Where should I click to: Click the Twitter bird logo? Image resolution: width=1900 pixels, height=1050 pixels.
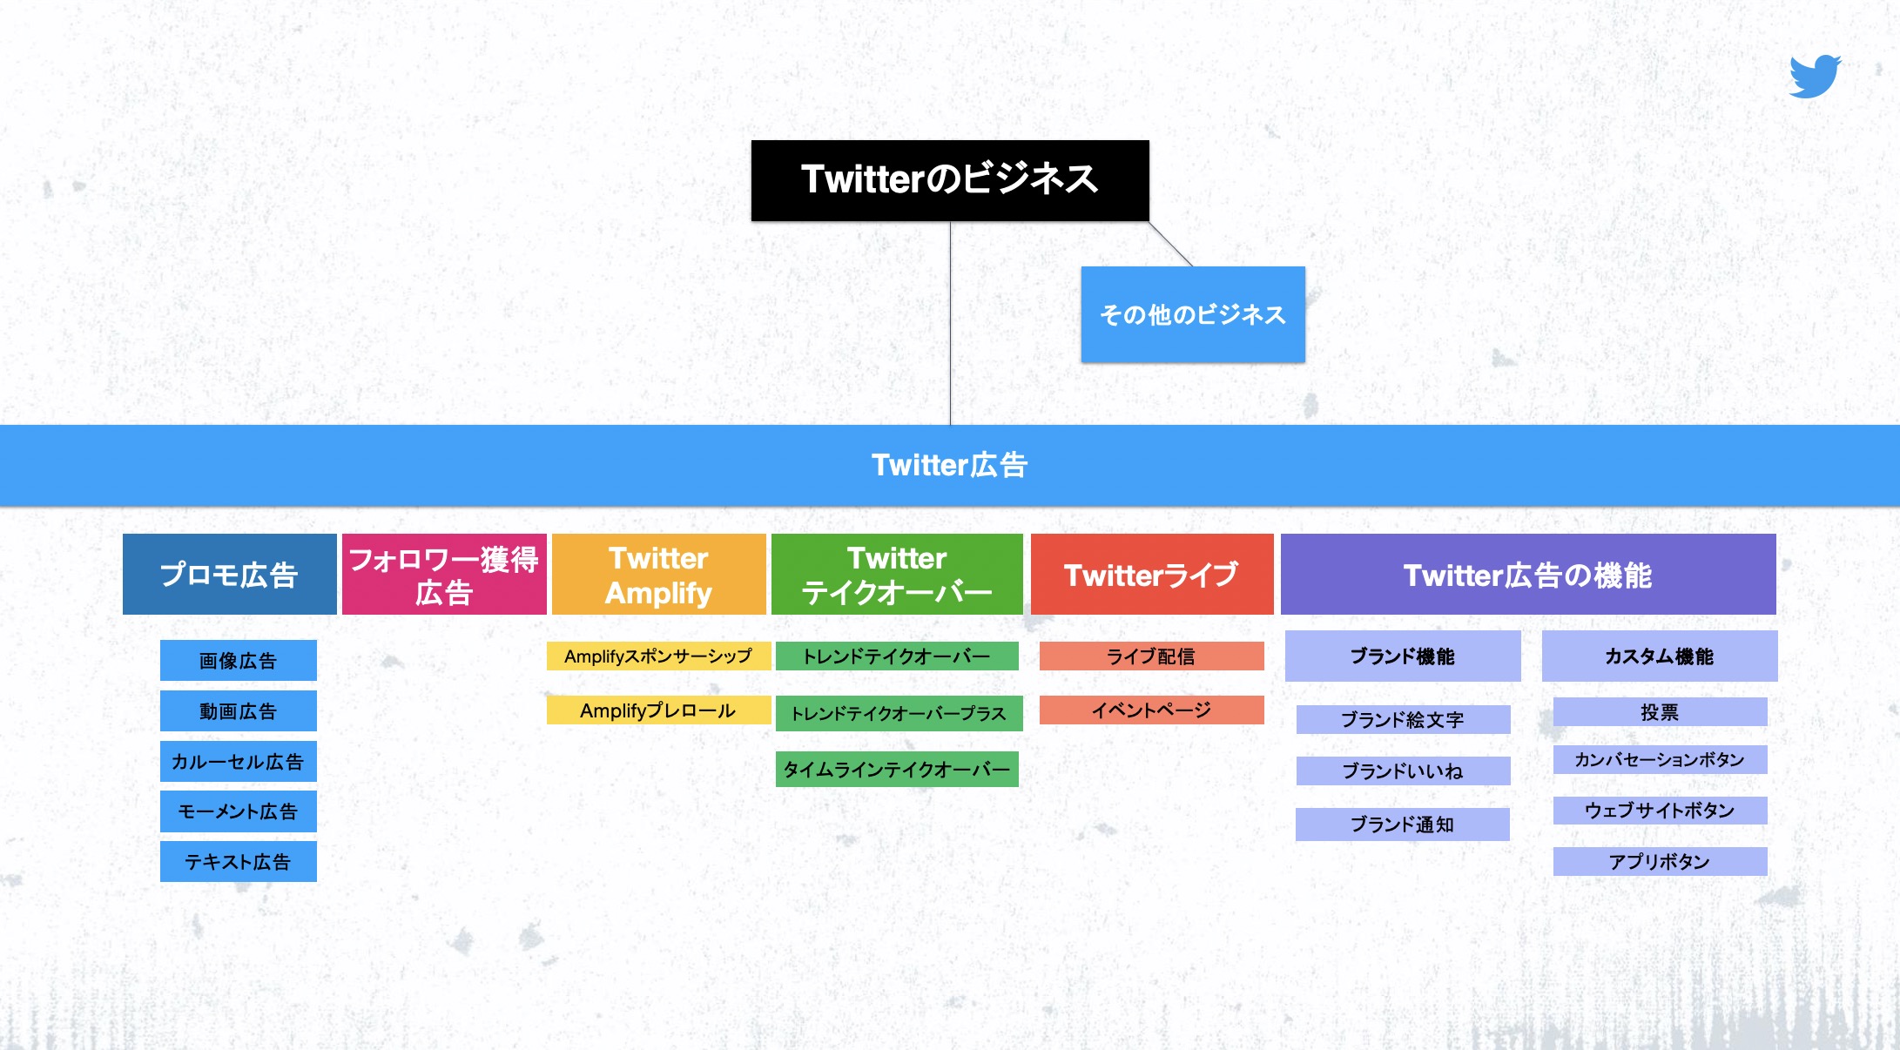(1815, 77)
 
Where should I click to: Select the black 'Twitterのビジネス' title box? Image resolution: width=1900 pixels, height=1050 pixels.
(950, 180)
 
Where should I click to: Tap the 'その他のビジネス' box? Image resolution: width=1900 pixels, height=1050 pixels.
(1193, 314)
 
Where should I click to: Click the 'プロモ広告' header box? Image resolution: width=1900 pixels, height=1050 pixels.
(229, 575)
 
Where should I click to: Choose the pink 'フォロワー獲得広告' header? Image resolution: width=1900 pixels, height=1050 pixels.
(444, 575)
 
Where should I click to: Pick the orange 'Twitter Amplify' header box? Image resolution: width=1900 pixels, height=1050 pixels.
(659, 575)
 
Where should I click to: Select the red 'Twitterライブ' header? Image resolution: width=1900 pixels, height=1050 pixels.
(1152, 575)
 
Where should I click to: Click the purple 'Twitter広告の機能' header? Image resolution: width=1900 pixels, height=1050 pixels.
(1528, 575)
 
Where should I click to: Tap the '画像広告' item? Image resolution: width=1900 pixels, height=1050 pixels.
(238, 661)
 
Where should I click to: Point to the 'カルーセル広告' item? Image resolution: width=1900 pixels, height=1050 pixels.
(238, 762)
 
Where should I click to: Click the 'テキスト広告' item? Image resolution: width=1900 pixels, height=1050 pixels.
(238, 862)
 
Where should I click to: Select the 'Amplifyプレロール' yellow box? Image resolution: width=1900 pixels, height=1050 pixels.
(658, 710)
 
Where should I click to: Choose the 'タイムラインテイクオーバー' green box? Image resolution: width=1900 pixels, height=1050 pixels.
(897, 770)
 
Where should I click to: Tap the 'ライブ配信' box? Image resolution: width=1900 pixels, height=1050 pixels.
(1151, 656)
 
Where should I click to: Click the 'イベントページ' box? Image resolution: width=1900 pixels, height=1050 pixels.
(1151, 710)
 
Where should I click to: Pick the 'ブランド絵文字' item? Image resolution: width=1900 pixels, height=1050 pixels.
(1403, 720)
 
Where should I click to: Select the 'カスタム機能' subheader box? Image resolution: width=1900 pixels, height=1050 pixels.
(1660, 656)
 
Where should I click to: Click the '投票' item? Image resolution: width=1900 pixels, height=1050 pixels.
(1660, 712)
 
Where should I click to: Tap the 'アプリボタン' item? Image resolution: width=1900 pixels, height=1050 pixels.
(1660, 862)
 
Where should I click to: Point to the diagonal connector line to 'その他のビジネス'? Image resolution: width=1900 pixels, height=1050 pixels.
(1171, 244)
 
